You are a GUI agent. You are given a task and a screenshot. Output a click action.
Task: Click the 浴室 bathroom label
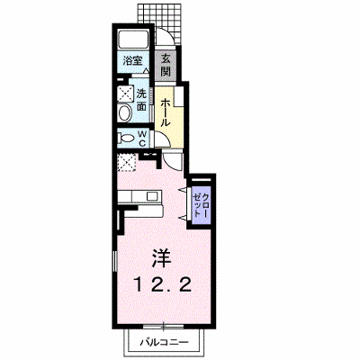(x=132, y=61)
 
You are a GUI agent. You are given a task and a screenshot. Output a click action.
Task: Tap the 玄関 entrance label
(x=166, y=65)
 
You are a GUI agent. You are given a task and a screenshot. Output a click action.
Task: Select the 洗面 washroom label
(x=141, y=100)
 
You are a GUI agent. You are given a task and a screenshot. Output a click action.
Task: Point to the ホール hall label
(x=166, y=112)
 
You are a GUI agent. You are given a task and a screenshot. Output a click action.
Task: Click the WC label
(x=142, y=139)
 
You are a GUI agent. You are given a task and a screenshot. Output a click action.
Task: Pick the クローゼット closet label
(x=201, y=205)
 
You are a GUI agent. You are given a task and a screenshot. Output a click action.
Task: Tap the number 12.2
(x=162, y=284)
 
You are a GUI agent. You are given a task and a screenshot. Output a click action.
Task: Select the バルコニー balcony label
(x=165, y=342)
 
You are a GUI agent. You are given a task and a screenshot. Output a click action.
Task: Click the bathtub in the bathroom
(x=133, y=39)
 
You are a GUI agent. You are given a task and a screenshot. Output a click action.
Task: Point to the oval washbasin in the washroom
(x=125, y=113)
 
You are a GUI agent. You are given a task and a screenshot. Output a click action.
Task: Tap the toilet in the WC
(x=126, y=139)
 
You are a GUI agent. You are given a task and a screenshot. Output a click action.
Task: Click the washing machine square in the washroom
(x=125, y=93)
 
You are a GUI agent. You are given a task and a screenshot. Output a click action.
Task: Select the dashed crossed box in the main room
(x=127, y=162)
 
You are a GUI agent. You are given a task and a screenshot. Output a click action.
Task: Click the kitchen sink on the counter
(x=152, y=197)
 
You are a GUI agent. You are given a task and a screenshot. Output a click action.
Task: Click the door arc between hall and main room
(x=171, y=163)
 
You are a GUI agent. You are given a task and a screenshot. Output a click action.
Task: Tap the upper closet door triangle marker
(x=183, y=190)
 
